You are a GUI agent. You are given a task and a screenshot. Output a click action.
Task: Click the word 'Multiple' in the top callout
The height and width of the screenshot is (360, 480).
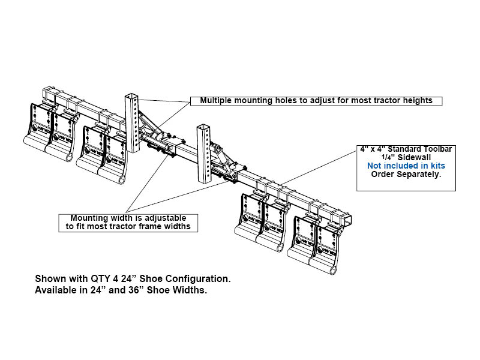click(217, 100)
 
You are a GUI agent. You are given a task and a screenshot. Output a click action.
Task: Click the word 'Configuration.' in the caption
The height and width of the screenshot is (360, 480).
click(199, 280)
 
